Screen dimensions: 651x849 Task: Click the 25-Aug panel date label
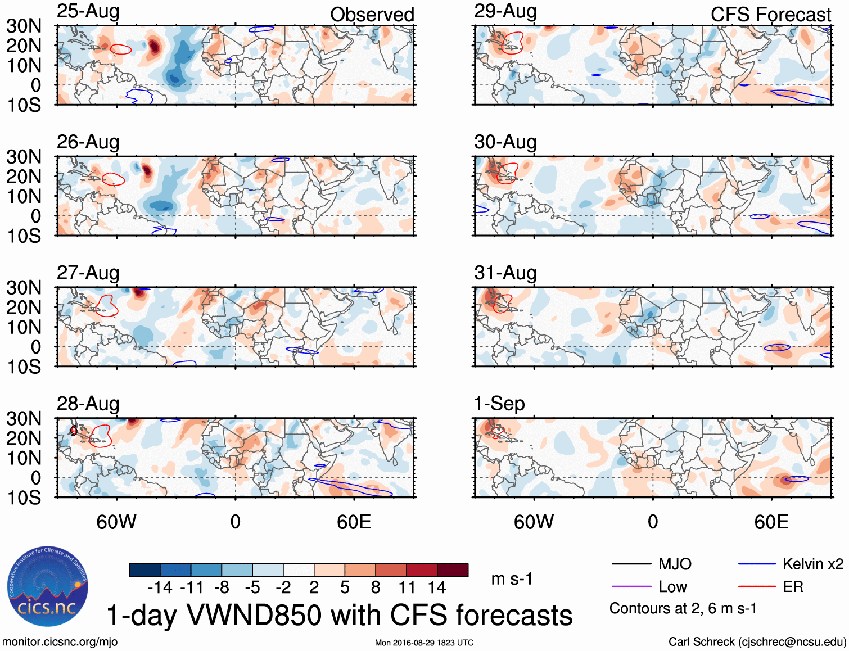pyautogui.click(x=88, y=12)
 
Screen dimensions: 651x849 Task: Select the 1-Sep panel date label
pyautogui.click(x=499, y=404)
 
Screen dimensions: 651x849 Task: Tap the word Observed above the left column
pyautogui.click(x=372, y=15)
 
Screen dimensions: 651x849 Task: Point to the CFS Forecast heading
pyautogui.click(x=770, y=15)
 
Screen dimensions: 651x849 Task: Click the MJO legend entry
pyautogui.click(x=674, y=564)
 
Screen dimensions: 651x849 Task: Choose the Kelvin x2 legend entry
pyautogui.click(x=812, y=564)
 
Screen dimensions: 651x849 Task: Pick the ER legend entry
pyautogui.click(x=793, y=587)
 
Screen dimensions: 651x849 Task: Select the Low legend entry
pyautogui.click(x=672, y=587)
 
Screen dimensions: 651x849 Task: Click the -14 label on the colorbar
pyautogui.click(x=160, y=587)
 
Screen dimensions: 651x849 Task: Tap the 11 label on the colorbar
pyautogui.click(x=407, y=587)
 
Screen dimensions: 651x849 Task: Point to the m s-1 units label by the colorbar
pyautogui.click(x=512, y=578)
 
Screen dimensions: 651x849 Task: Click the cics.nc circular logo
pyautogui.click(x=48, y=587)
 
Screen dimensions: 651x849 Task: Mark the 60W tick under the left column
pyautogui.click(x=116, y=522)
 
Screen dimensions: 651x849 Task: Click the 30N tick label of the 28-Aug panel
pyautogui.click(x=24, y=419)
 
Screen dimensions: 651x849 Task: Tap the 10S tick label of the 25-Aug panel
pyautogui.click(x=24, y=105)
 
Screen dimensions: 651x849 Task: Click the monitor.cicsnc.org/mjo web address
pyautogui.click(x=60, y=642)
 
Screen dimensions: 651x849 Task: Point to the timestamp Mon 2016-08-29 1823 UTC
pyautogui.click(x=424, y=643)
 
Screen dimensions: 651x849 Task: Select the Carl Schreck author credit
pyautogui.click(x=757, y=642)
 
